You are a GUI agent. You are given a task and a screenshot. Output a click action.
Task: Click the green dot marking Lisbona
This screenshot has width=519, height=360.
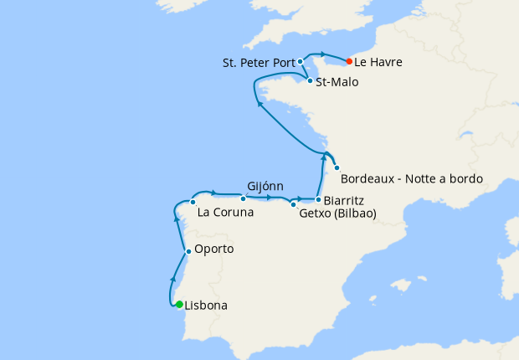(179, 304)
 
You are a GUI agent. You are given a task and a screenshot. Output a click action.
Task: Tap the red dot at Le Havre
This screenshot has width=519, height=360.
(349, 61)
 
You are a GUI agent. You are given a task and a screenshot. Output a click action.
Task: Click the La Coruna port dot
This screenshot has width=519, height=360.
(193, 202)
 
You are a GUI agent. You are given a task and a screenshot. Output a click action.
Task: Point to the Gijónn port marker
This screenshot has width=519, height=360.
(243, 198)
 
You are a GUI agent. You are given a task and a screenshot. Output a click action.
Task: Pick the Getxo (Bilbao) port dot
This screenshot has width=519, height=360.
(293, 203)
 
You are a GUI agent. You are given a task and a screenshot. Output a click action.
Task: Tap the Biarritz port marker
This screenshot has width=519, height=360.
(318, 199)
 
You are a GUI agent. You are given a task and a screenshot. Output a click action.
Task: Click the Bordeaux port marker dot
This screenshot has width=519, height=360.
(337, 167)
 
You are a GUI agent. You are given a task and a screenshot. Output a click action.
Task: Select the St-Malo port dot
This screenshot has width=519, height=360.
(310, 81)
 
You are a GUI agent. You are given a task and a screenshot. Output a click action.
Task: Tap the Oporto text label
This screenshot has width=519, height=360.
(213, 249)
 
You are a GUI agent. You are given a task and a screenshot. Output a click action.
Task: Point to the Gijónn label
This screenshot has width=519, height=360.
(266, 186)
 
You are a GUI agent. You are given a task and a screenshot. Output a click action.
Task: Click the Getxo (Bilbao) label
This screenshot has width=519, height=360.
(337, 213)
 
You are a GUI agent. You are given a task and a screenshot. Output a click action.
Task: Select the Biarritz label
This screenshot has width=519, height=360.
(346, 200)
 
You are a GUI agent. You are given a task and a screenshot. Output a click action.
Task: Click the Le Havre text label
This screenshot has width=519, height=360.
(378, 62)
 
